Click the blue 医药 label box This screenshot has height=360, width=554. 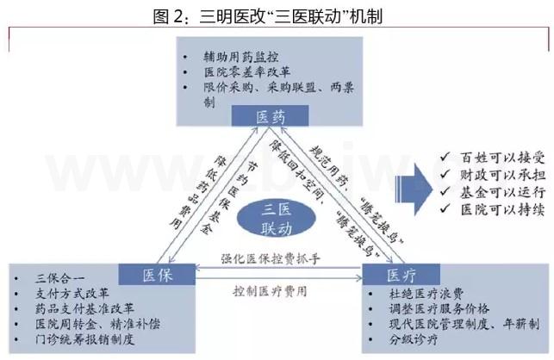point(270,115)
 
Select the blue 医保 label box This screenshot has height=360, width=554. point(157,274)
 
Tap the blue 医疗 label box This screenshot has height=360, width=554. point(401,274)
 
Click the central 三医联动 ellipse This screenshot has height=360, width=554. point(276,219)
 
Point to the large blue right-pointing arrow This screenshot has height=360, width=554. point(414,189)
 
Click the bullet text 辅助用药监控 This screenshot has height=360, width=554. point(241,57)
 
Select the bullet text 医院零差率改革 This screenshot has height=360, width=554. point(247,72)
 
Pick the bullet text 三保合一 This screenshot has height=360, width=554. point(59,278)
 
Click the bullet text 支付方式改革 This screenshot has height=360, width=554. point(72,293)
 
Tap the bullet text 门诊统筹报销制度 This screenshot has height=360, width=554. point(84,339)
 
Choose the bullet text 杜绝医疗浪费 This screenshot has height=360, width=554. point(426,294)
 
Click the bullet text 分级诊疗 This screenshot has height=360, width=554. point(414,339)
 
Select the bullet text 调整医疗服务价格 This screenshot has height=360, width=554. point(439,309)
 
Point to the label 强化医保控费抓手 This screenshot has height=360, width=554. point(271,258)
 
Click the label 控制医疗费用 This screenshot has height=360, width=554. point(270,291)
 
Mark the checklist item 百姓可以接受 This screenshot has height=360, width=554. point(502,158)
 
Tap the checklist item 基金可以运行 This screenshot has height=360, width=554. point(502,192)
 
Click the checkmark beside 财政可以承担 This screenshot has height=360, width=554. point(445,174)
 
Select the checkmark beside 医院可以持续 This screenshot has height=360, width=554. point(445,208)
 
